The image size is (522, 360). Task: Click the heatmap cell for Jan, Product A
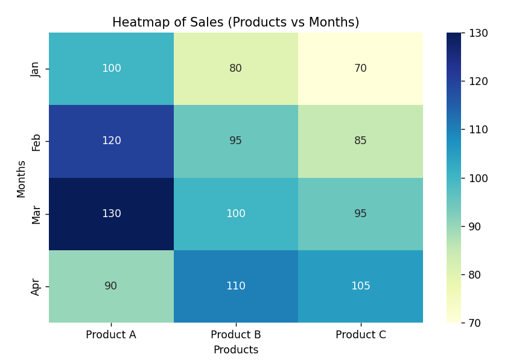(x=111, y=69)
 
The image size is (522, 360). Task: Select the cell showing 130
(x=111, y=214)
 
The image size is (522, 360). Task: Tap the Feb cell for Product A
(x=111, y=141)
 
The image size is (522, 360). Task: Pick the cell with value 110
(x=236, y=286)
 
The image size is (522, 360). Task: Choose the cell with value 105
(x=361, y=286)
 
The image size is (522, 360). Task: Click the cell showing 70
(x=361, y=69)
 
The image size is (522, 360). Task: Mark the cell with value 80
(x=236, y=69)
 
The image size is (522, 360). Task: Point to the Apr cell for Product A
(x=111, y=286)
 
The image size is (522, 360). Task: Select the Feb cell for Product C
(x=361, y=141)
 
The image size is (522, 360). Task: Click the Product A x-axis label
(x=111, y=335)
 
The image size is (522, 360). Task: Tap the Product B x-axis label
(x=236, y=335)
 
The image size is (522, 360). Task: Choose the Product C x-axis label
(x=361, y=335)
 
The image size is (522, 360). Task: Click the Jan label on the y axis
(x=36, y=69)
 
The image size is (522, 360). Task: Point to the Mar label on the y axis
(x=36, y=214)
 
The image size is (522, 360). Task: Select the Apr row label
(x=36, y=286)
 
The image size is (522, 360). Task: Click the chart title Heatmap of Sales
(x=235, y=23)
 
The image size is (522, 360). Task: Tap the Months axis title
(x=22, y=178)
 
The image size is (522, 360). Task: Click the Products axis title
(x=236, y=350)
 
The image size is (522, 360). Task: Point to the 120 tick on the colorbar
(x=479, y=81)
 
